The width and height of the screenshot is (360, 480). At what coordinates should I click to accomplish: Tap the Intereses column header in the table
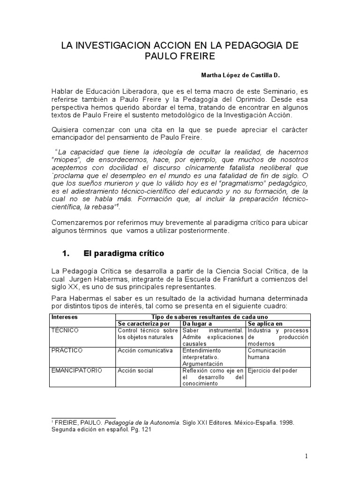click(65, 317)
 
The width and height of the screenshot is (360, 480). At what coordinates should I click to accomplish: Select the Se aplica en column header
click(265, 323)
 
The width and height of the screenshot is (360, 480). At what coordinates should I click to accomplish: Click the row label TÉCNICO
click(65, 330)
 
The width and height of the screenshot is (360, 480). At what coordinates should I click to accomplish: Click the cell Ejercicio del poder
click(273, 370)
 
